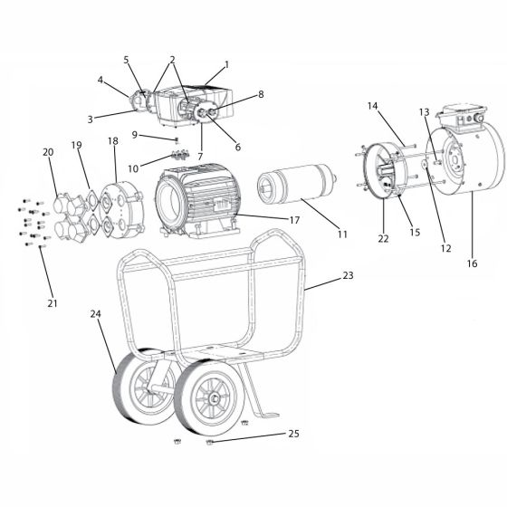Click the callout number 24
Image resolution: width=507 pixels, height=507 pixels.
[95, 313]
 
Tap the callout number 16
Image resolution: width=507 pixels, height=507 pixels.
[472, 263]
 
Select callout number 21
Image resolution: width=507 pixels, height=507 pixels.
[53, 303]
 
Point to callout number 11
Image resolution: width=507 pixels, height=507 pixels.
[342, 234]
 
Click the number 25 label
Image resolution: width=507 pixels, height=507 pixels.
[293, 434]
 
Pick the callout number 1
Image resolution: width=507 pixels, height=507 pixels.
[226, 64]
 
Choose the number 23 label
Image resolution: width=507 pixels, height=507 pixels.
[348, 275]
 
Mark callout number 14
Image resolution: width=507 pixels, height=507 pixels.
[372, 106]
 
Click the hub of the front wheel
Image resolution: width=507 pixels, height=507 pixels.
[213, 399]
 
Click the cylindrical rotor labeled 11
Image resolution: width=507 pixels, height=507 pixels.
[297, 185]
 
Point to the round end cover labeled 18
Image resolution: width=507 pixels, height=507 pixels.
[121, 209]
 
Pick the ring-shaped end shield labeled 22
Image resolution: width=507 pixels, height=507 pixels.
[385, 171]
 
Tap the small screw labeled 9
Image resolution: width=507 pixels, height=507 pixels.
[177, 140]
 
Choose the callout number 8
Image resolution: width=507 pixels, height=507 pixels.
[261, 94]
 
